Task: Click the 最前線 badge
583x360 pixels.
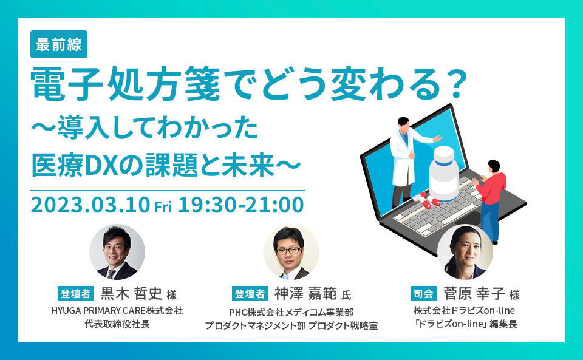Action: pyautogui.click(x=59, y=44)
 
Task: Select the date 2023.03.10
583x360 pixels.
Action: pyautogui.click(x=90, y=205)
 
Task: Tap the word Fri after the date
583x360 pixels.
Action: pyautogui.click(x=163, y=207)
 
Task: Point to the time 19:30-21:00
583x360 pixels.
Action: pyautogui.click(x=241, y=205)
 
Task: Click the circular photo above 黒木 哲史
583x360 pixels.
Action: pyautogui.click(x=117, y=252)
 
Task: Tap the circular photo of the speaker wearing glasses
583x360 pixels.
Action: pyautogui.click(x=291, y=252)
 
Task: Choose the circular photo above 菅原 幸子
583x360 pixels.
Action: pyautogui.click(x=465, y=252)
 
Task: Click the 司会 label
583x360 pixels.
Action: pyautogui.click(x=423, y=293)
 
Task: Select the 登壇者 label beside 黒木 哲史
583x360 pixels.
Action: pyautogui.click(x=75, y=293)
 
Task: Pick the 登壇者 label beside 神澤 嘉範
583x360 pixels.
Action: pyautogui.click(x=250, y=293)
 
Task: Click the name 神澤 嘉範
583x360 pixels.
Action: pyautogui.click(x=305, y=293)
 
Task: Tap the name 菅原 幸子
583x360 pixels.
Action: pyautogui.click(x=474, y=293)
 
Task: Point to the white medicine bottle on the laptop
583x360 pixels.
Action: pyautogui.click(x=444, y=173)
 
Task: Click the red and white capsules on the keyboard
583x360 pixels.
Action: pyautogui.click(x=426, y=200)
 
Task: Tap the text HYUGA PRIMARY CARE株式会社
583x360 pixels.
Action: pyautogui.click(x=117, y=311)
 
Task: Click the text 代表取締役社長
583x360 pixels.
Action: pyautogui.click(x=117, y=324)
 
